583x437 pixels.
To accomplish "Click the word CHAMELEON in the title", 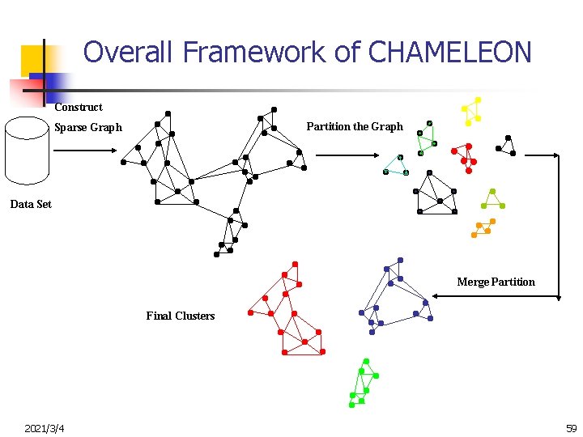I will (x=449, y=53).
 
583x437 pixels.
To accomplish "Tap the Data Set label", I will (x=31, y=204).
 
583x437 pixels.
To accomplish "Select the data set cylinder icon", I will (x=28, y=152).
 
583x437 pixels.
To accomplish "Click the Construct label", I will (x=79, y=107).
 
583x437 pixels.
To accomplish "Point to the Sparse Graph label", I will (x=87, y=127).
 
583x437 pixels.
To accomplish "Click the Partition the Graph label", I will (x=354, y=126).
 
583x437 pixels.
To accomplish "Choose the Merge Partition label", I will (x=496, y=282).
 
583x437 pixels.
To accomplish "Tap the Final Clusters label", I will (x=181, y=316).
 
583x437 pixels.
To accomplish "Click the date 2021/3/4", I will (x=45, y=427).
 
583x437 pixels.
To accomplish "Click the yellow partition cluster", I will (x=471, y=112).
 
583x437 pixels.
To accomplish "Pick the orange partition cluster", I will (x=483, y=227).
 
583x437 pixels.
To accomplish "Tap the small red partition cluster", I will (x=465, y=157).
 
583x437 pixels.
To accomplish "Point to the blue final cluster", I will (x=395, y=296).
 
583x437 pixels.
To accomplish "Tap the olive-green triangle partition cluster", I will (x=492, y=200).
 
